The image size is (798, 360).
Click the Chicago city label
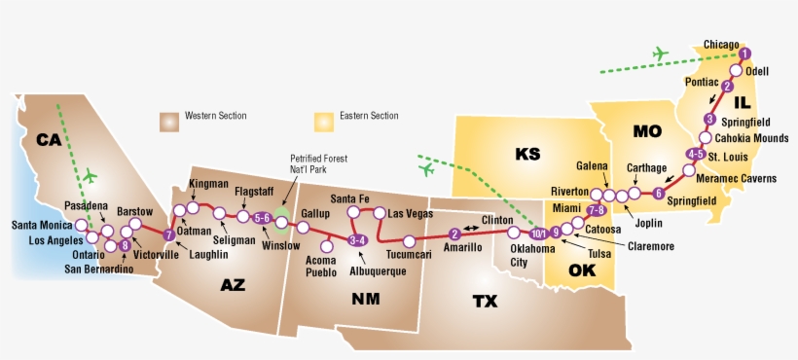pyautogui.click(x=720, y=45)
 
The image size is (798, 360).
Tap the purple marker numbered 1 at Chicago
pyautogui.click(x=745, y=54)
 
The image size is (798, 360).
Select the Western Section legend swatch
pyautogui.click(x=170, y=120)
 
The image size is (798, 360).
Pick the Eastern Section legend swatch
pyautogui.click(x=322, y=120)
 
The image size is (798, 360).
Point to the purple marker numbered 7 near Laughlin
pyautogui.click(x=169, y=234)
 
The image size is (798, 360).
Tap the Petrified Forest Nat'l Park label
pyautogui.click(x=318, y=164)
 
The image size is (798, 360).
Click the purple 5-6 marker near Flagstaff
pyautogui.click(x=261, y=218)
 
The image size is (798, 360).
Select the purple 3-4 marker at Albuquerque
pyautogui.click(x=357, y=239)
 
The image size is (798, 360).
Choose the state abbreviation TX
pyautogui.click(x=485, y=302)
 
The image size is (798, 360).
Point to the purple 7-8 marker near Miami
pyautogui.click(x=597, y=210)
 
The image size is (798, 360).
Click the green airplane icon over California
pyautogui.click(x=91, y=176)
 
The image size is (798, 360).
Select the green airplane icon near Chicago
pyautogui.click(x=663, y=54)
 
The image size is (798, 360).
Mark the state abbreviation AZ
pyautogui.click(x=234, y=285)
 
